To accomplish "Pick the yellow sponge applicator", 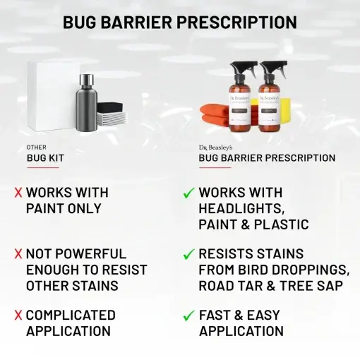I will tap(290, 109).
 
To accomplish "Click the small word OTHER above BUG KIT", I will tap(36, 148).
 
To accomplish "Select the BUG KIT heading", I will tap(45, 158).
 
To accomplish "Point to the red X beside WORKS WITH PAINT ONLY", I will tap(18, 193).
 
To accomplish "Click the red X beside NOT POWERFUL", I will tap(18, 254).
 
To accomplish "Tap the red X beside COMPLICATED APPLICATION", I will tap(18, 316).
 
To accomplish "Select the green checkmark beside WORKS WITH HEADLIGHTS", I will tap(188, 193).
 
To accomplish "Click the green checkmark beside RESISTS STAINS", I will tap(188, 254).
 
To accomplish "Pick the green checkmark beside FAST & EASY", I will tap(188, 316).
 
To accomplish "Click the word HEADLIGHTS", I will tap(241, 209).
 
